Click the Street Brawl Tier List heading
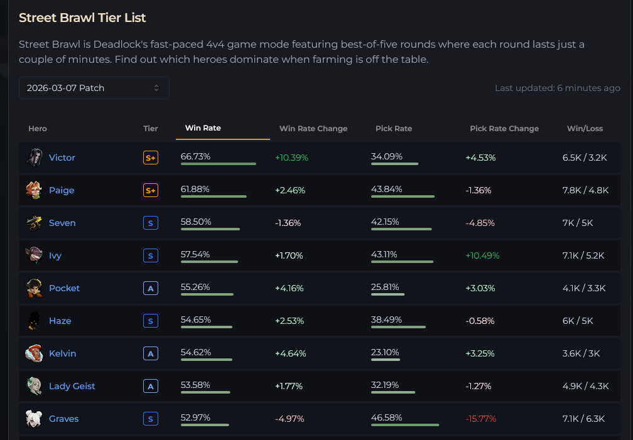82,18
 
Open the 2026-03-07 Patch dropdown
94,88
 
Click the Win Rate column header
203,128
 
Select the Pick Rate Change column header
504,129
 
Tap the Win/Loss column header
585,129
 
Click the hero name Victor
62,158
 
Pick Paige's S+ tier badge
151,190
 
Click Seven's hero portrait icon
34,223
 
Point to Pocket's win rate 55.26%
195,287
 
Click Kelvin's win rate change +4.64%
291,353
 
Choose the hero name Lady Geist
72,386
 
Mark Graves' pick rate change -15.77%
480,419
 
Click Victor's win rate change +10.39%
292,158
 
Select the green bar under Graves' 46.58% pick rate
405,425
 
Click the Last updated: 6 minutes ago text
558,88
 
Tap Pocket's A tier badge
151,288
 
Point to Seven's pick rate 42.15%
387,222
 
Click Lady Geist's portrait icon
34,386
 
